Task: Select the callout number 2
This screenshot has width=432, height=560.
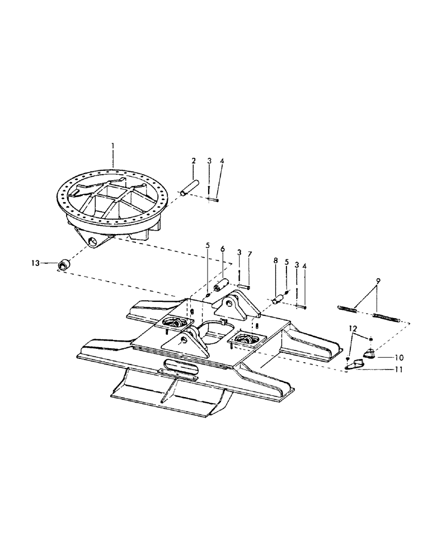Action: click(193, 161)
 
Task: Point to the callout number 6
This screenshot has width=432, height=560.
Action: click(222, 248)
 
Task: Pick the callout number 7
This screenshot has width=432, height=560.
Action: click(250, 255)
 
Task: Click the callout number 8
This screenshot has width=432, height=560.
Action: click(275, 260)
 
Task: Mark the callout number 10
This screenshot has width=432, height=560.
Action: click(398, 356)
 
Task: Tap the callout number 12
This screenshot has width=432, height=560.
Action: click(352, 329)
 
